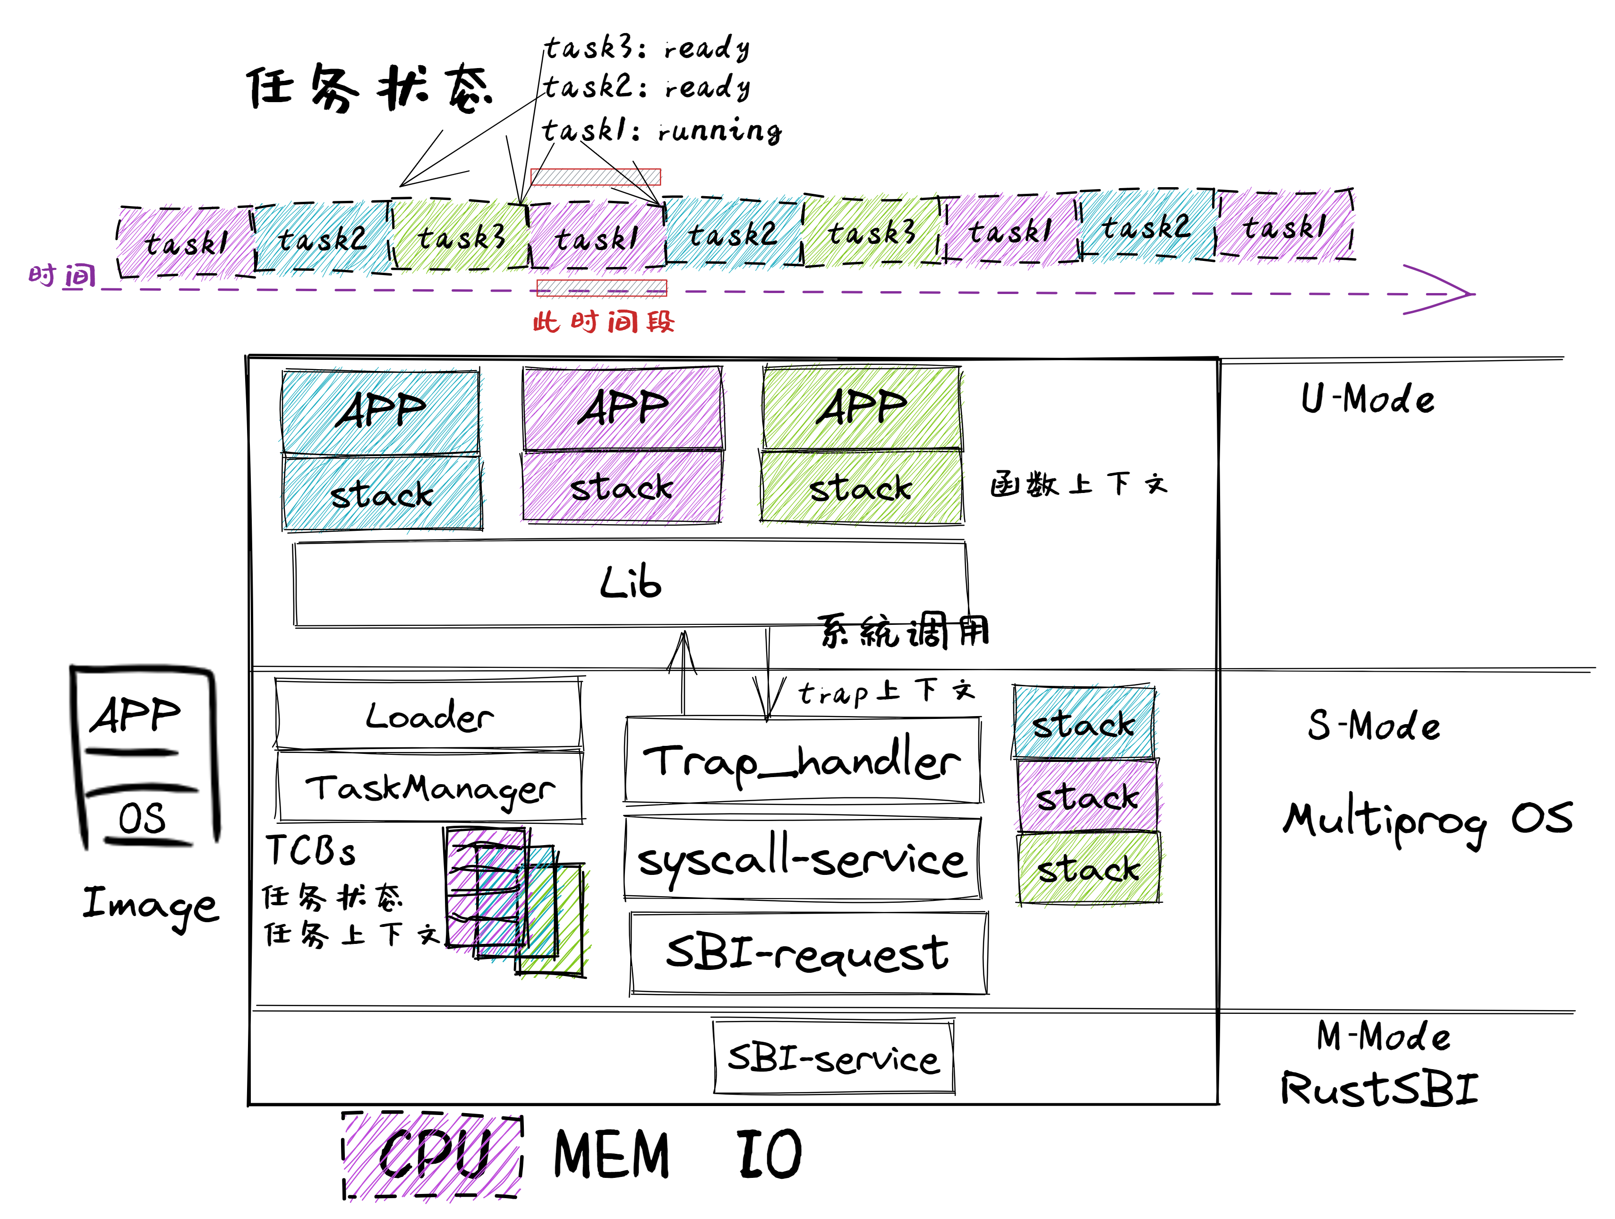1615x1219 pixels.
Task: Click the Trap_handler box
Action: (x=803, y=761)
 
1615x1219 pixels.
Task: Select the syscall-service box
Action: (x=803, y=859)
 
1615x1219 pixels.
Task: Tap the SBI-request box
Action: (x=808, y=953)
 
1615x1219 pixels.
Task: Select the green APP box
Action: (x=862, y=407)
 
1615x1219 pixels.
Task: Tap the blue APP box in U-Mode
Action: (x=380, y=411)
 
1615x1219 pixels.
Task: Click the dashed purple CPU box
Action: (x=432, y=1155)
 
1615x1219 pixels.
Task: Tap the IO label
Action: (x=769, y=1153)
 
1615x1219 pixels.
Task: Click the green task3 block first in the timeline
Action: (x=460, y=237)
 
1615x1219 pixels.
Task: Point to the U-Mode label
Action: (x=1367, y=399)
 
